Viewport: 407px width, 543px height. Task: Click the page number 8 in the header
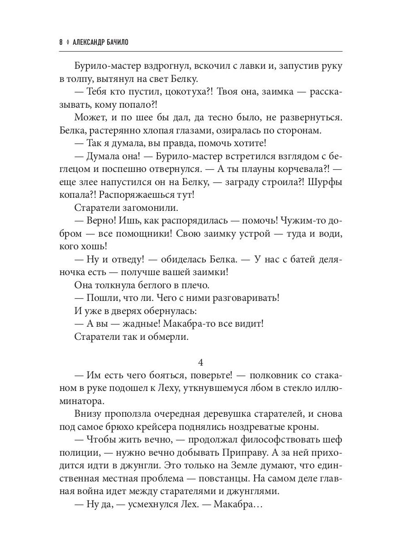click(61, 43)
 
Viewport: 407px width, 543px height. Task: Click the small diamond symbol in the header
click(68, 43)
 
